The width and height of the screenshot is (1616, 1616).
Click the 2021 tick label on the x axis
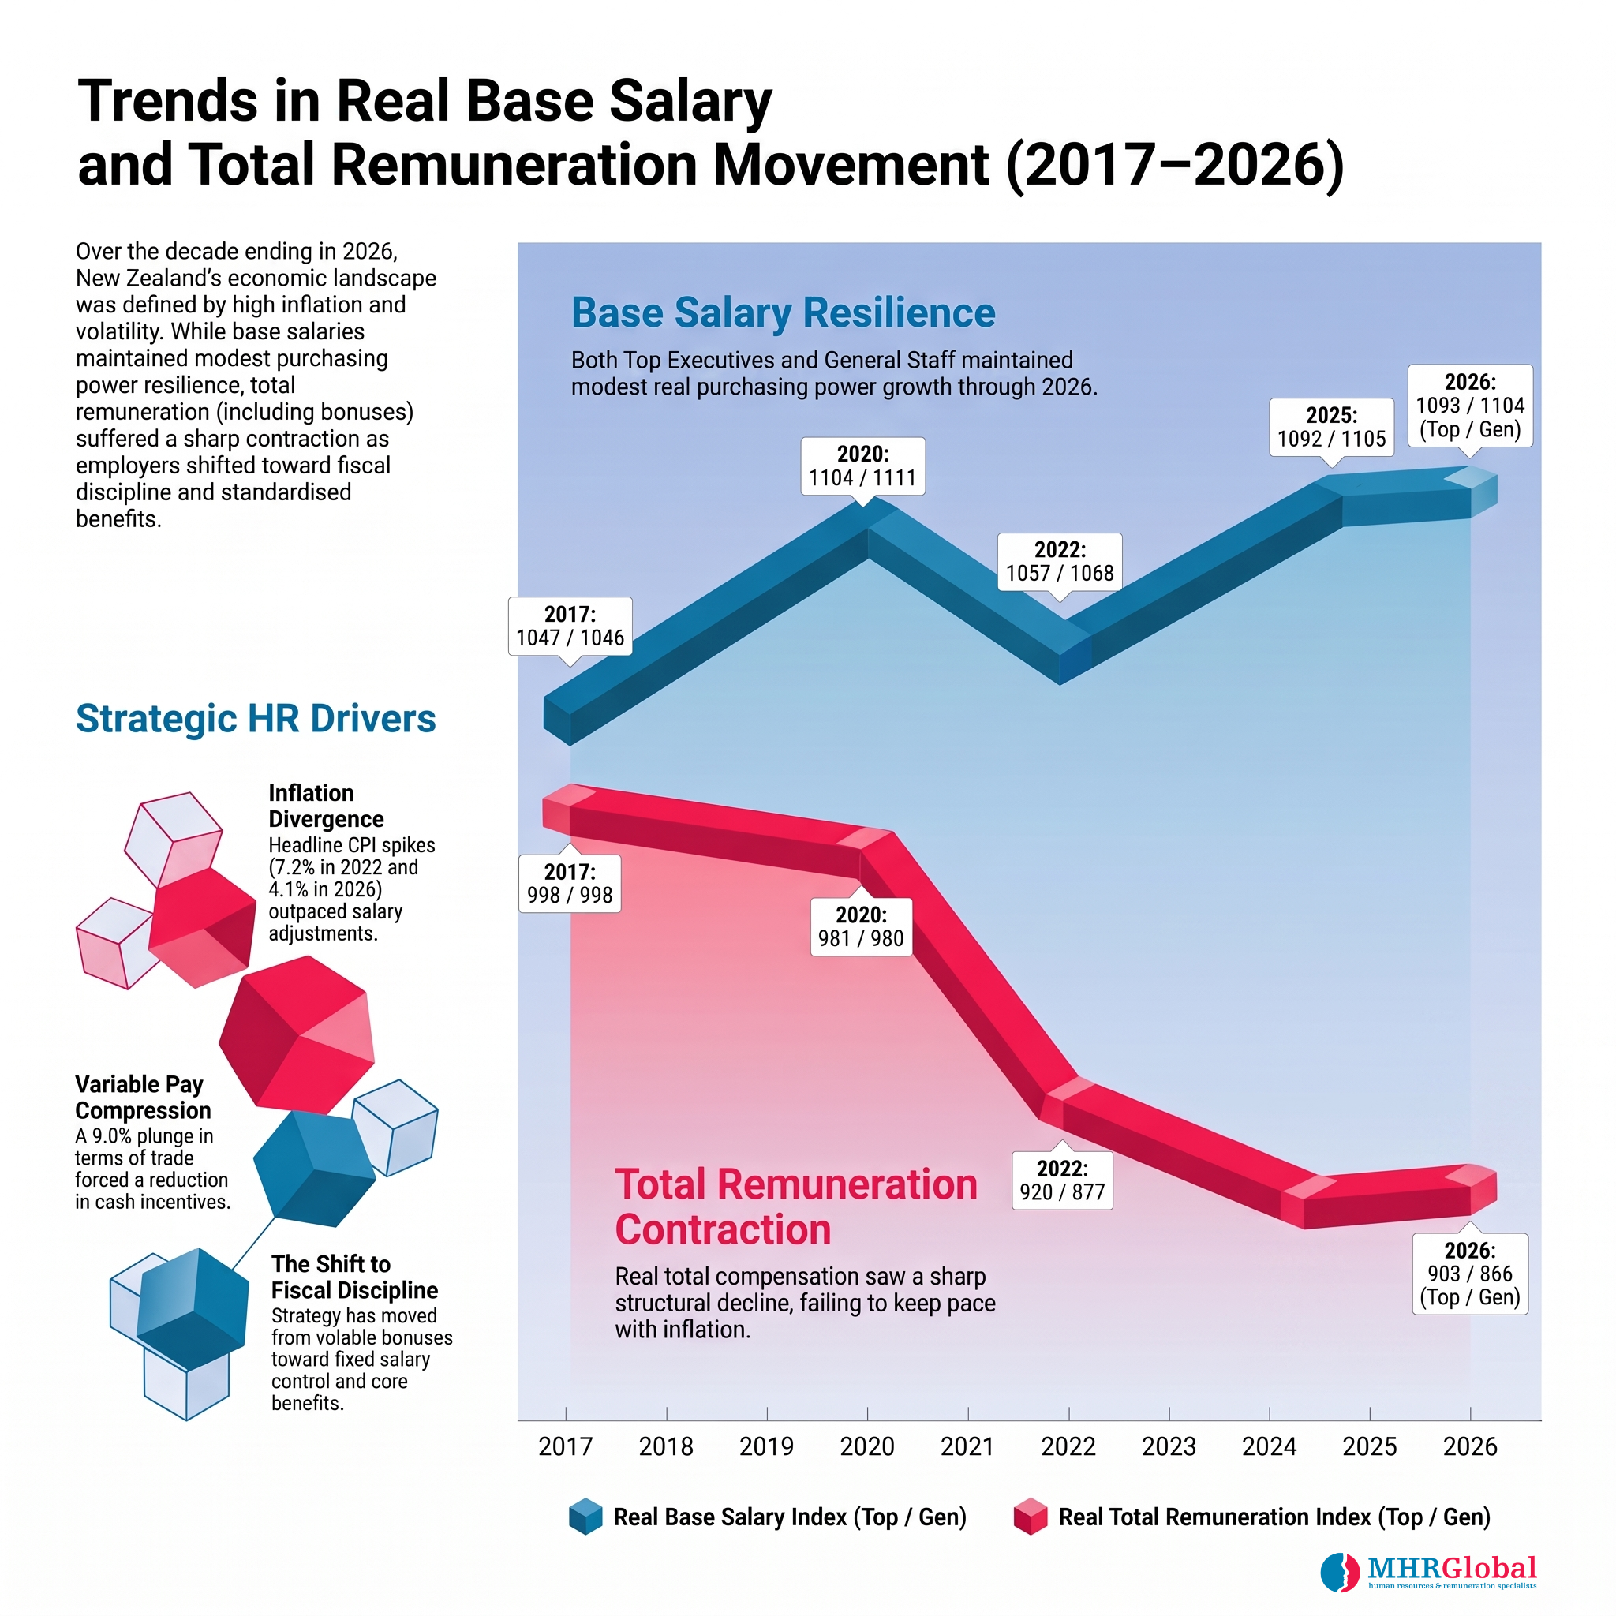point(967,1446)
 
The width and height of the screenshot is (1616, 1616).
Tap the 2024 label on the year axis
point(1269,1446)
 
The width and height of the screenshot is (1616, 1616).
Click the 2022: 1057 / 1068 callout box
point(1060,562)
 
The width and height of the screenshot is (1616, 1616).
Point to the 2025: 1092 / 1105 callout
point(1332,428)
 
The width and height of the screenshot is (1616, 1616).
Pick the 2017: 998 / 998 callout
point(570,883)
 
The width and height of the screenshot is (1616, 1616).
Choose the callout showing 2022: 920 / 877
point(1062,1180)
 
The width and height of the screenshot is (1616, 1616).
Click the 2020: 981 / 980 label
point(861,926)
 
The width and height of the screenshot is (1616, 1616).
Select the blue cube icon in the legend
point(585,1517)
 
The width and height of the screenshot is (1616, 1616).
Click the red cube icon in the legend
point(1030,1517)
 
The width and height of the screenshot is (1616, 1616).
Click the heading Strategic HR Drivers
point(256,719)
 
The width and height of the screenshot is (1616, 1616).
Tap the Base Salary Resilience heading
point(783,312)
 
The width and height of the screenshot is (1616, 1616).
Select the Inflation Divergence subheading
point(326,806)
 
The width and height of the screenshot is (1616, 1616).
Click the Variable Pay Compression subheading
point(143,1097)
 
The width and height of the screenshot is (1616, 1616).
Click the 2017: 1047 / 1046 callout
point(570,627)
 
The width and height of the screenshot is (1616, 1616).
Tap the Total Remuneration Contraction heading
point(796,1207)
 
